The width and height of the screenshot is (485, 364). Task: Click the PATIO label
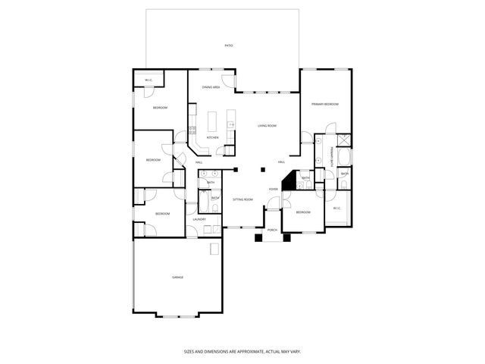coord(228,45)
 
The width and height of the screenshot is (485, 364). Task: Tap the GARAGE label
coord(177,277)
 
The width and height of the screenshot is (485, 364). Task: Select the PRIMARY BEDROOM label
coord(325,104)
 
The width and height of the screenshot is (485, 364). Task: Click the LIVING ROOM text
coord(267,126)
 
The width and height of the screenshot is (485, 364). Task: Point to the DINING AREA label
coord(211,88)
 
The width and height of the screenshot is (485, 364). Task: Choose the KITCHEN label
coord(213,137)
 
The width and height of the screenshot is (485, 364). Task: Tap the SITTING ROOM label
coord(242,199)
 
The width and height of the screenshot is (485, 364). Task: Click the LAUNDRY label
coord(199,219)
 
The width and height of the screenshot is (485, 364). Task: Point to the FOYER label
coord(273,189)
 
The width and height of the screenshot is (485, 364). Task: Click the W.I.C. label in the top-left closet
coord(149,80)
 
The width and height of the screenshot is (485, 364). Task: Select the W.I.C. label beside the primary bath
coord(336,209)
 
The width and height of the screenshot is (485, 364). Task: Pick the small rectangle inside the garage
coord(215,249)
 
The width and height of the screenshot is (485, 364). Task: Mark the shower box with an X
coord(344,140)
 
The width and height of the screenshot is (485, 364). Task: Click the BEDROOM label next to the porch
coord(303,212)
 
